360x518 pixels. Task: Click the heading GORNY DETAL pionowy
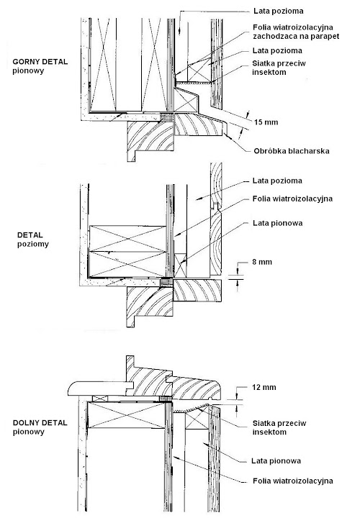(40, 66)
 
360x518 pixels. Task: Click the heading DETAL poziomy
(32, 240)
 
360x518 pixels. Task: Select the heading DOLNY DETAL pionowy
(40, 427)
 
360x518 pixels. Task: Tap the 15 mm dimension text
(266, 122)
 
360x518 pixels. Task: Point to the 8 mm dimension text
(262, 262)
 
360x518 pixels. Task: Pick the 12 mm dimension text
(264, 387)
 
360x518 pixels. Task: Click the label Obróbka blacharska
(292, 151)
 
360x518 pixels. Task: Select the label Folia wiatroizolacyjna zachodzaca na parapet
(296, 32)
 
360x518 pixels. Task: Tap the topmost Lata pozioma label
(279, 11)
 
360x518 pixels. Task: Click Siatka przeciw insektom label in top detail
(279, 68)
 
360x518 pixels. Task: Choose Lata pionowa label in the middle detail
(277, 223)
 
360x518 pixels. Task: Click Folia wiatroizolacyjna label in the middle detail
(292, 199)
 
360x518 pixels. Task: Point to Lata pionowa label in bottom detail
(276, 460)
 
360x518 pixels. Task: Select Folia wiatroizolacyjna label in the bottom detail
(293, 481)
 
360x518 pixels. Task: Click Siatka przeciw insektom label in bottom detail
(279, 427)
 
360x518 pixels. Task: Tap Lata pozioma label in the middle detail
(277, 181)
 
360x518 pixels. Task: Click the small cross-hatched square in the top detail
(167, 117)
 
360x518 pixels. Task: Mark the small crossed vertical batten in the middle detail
(180, 265)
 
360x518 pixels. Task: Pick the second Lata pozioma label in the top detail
(277, 50)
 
